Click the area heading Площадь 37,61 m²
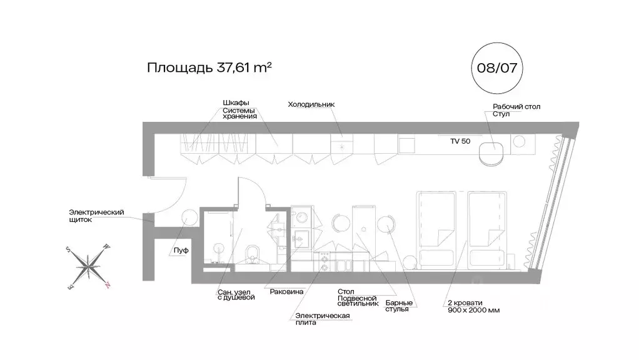tap(209, 67)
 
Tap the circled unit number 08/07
tap(496, 67)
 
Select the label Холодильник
tap(312, 104)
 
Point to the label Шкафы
tap(236, 102)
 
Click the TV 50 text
tap(460, 141)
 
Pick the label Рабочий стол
tap(516, 107)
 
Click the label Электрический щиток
tap(96, 216)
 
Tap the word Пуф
tap(181, 250)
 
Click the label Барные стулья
tap(398, 306)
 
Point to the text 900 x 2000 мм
tap(473, 310)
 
